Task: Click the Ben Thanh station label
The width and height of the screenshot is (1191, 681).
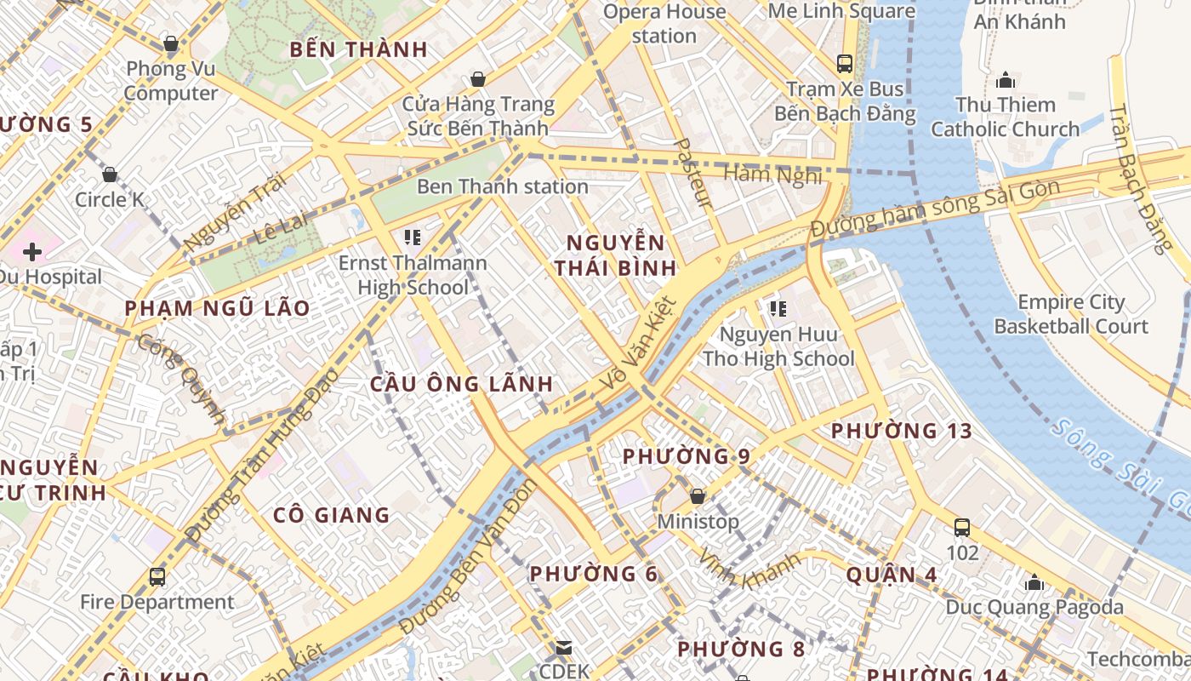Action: [502, 186]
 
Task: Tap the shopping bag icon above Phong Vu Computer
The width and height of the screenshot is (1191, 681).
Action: [170, 43]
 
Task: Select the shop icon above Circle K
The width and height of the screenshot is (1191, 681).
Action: [110, 175]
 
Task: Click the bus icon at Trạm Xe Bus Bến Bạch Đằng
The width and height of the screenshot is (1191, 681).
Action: [845, 63]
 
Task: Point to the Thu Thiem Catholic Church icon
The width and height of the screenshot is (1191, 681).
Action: [1006, 81]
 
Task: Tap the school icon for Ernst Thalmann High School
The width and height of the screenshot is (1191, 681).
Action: [413, 237]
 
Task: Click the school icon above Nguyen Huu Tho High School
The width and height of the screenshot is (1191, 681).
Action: [778, 309]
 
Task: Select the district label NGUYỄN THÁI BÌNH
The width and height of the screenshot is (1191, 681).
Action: [615, 255]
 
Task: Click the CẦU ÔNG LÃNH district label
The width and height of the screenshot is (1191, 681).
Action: [462, 384]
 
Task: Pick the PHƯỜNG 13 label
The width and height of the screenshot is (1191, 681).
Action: [901, 431]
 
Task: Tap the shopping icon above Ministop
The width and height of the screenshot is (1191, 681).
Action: [698, 496]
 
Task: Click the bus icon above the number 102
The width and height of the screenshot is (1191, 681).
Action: [962, 528]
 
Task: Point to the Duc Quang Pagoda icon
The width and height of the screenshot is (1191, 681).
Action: [1034, 583]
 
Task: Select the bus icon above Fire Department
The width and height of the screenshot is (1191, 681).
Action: [157, 577]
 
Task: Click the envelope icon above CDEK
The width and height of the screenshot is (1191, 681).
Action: [564, 649]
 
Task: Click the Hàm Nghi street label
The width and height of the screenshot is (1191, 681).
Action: [772, 175]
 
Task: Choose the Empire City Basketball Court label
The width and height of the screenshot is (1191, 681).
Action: [1071, 314]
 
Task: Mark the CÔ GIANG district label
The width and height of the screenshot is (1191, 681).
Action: [332, 515]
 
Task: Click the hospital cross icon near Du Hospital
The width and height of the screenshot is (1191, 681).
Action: [32, 252]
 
